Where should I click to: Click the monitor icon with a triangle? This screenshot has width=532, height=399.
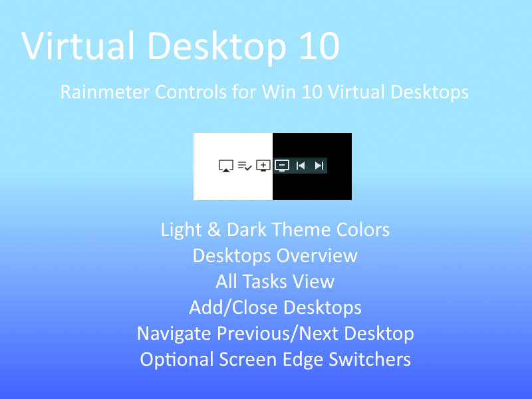coord(225,166)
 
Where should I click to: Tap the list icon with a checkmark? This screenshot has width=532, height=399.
coord(245,166)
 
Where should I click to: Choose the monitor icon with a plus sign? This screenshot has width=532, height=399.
coord(263,166)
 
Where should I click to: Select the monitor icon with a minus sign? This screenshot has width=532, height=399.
coord(281,166)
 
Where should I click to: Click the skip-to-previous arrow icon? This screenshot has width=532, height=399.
coord(301,166)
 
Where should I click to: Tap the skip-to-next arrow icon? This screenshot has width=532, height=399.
coord(319,166)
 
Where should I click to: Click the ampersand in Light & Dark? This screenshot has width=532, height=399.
coord(213,229)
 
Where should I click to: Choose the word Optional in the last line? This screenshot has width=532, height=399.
coord(177,360)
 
